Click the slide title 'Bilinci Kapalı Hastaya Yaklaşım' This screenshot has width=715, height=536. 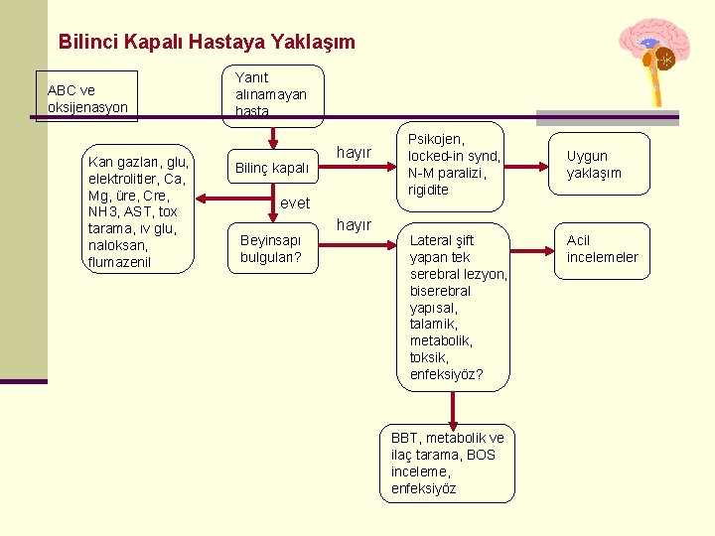207,43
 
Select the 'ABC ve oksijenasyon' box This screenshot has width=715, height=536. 86,97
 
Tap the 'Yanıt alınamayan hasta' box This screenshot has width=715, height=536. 271,94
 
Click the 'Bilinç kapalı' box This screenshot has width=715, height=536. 270,168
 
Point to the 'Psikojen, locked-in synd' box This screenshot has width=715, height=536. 454,164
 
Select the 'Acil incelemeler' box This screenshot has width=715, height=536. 602,248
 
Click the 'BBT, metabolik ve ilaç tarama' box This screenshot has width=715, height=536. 447,463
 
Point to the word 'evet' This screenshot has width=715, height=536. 295,202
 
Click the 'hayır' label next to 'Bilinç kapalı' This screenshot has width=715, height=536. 354,152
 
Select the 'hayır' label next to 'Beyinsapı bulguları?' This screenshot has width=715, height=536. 354,225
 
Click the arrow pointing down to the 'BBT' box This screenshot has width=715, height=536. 454,407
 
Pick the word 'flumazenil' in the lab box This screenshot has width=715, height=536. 119,262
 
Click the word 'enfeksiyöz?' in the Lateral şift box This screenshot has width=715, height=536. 446,374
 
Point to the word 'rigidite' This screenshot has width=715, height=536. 428,190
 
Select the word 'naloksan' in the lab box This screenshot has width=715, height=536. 115,245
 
